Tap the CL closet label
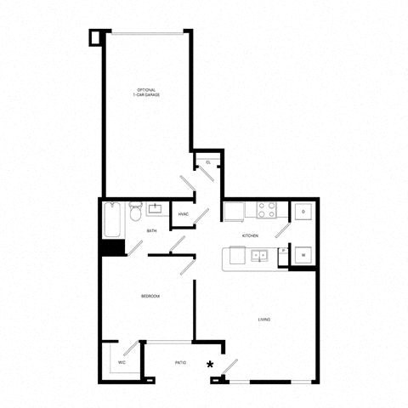(x=208, y=162)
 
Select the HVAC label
(x=184, y=213)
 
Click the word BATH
(x=151, y=230)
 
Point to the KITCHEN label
(x=249, y=235)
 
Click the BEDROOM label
(x=151, y=296)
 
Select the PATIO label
(x=180, y=362)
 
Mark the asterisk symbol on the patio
(x=209, y=365)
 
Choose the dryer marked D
(x=303, y=212)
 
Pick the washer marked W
(x=303, y=255)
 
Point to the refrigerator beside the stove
(x=235, y=211)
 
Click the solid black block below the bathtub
(x=112, y=248)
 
